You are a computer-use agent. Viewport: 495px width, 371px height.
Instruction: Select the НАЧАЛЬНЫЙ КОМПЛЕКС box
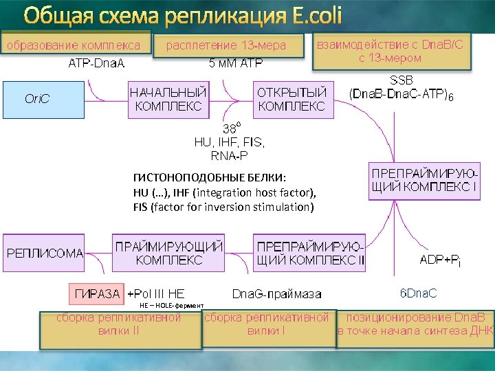168,99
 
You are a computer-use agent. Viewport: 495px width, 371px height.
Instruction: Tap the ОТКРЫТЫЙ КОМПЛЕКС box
291,99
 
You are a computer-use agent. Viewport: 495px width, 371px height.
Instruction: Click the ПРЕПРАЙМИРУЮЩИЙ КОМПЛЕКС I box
425,181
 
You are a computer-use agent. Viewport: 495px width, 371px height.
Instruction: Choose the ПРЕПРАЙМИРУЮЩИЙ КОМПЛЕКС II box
310,253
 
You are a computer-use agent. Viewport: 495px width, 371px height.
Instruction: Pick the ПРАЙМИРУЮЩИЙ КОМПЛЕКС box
169,253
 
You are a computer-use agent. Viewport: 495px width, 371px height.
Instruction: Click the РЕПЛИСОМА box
45,253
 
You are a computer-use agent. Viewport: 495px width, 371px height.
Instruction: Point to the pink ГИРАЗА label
96,294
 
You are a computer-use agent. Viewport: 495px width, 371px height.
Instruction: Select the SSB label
402,80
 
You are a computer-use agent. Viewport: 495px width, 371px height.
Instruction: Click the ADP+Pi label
440,260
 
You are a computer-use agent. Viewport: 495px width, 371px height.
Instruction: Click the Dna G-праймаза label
276,294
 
